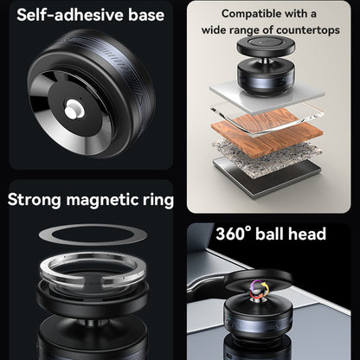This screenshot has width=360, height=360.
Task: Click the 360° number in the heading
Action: click(x=233, y=234)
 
